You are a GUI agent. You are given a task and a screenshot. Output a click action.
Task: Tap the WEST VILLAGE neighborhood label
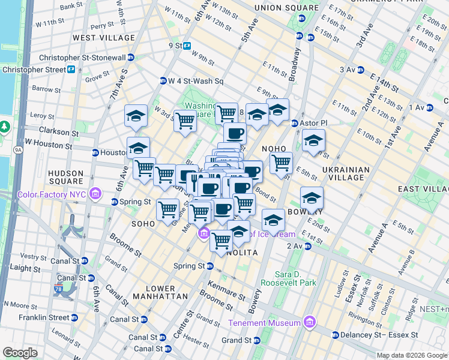coord(104,37)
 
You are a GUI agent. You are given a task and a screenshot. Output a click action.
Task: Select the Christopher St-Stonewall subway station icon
coord(131,58)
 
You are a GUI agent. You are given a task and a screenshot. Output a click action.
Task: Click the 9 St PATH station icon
coord(187,46)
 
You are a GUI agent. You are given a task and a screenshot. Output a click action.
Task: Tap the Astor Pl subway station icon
coord(295,123)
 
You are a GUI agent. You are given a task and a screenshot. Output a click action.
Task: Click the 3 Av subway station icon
coord(360,70)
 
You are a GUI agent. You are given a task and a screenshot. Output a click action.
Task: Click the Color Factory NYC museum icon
coord(95,194)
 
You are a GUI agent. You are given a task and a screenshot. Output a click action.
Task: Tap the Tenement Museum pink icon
coord(310,323)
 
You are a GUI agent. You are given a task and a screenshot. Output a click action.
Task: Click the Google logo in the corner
coord(21,353)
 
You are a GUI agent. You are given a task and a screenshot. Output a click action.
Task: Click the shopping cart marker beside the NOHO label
coord(281,162)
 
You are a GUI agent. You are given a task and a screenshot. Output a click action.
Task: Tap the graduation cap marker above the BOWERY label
coord(312,197)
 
